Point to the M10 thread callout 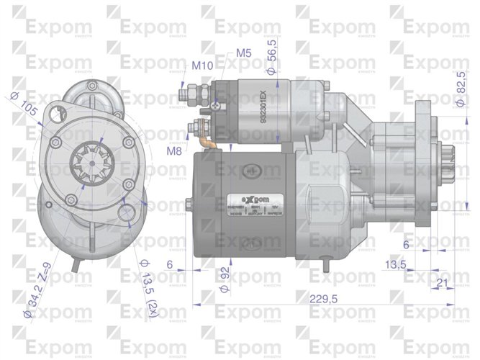[x=202, y=66]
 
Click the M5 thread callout [x=243, y=53]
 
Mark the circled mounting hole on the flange [x=127, y=213]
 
